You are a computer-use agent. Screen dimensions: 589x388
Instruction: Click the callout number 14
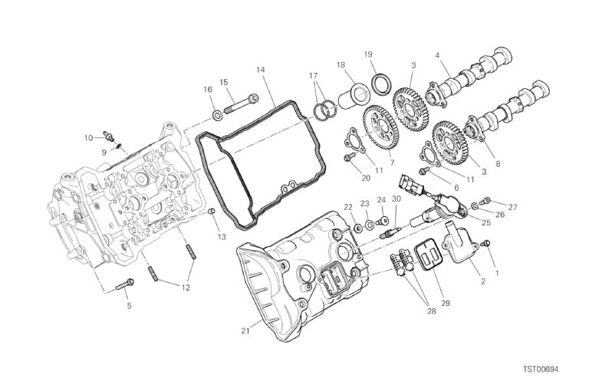pos(261,70)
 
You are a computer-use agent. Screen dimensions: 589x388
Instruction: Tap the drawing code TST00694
pos(541,370)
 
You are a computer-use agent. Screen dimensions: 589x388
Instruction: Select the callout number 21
pos(245,331)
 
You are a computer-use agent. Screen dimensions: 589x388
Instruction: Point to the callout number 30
pos(396,199)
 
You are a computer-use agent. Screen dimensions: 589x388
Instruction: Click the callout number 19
pos(368,54)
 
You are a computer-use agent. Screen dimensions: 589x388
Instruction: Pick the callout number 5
pos(129,306)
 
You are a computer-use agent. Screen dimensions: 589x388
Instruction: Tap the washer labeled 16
pos(217,115)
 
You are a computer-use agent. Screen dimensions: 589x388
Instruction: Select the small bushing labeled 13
pos(212,212)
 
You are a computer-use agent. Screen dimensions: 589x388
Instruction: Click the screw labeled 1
pos(487,243)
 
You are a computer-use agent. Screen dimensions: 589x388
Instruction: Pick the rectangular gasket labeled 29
pos(429,257)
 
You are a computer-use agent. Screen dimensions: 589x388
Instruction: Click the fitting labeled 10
pos(109,135)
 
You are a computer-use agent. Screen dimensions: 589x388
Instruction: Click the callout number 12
pos(185,288)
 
